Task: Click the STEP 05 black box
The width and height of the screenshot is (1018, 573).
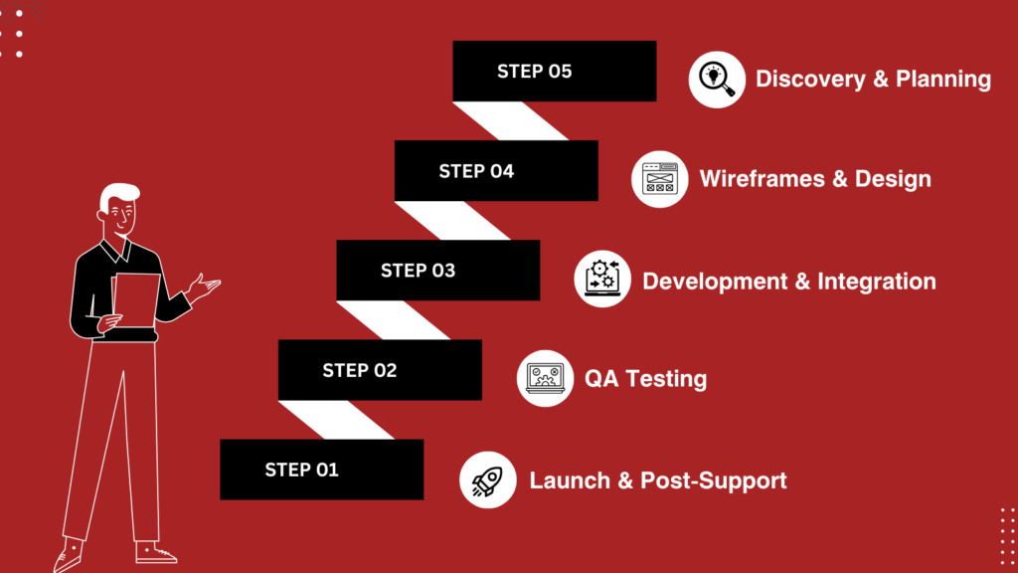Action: [x=555, y=71]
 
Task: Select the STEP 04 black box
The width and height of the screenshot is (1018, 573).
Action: [x=496, y=171]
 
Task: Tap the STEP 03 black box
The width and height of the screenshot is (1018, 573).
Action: [x=438, y=271]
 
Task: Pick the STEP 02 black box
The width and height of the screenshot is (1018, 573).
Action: [x=380, y=370]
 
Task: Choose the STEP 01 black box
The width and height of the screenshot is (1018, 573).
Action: [x=322, y=470]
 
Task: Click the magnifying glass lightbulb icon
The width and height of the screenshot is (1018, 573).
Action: [x=717, y=80]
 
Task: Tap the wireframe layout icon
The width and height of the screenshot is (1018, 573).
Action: [x=660, y=179]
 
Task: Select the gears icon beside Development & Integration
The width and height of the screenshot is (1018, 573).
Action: [x=602, y=279]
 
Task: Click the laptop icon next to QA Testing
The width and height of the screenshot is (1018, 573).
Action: [x=546, y=378]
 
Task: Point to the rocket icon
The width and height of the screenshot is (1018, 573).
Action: [x=487, y=480]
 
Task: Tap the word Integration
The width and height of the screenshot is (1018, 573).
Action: [x=877, y=282]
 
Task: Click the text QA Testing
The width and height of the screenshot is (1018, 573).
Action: [x=645, y=379]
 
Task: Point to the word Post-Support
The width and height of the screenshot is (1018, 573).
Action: [x=714, y=480]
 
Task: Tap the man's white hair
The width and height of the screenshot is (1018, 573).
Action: [x=119, y=195]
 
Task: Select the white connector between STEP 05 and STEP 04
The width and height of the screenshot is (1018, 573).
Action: [x=511, y=120]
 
